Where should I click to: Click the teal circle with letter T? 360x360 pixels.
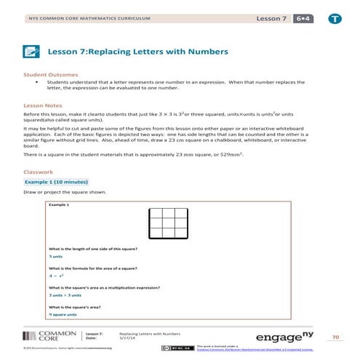(x=334, y=17)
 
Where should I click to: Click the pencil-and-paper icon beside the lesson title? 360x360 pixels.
(x=31, y=52)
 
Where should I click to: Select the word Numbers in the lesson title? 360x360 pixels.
(x=208, y=52)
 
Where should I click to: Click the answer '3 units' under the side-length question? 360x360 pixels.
(x=55, y=256)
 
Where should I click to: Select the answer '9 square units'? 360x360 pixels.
(x=63, y=314)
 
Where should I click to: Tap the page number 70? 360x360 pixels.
(x=335, y=337)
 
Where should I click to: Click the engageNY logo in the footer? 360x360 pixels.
(x=291, y=335)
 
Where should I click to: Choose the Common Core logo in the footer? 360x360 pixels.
(x=44, y=336)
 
